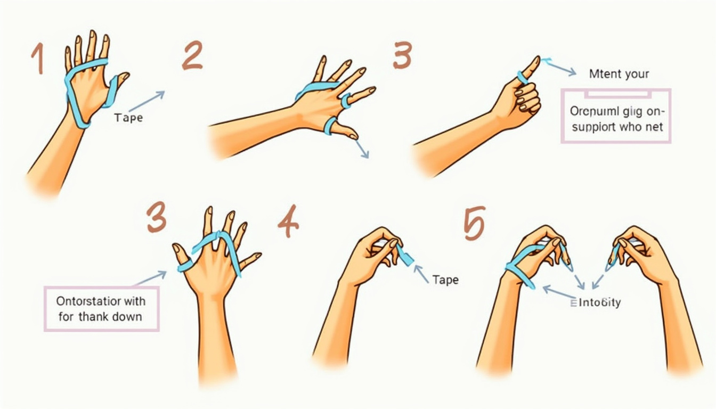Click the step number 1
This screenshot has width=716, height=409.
[36, 58]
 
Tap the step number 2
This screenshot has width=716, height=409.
[192, 57]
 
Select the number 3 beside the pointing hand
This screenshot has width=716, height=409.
[403, 56]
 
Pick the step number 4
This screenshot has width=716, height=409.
[288, 224]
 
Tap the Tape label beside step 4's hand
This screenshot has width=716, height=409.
[445, 279]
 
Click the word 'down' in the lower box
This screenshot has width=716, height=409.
[127, 317]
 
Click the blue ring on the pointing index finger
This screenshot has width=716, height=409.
[522, 78]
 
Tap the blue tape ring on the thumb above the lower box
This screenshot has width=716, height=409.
[184, 265]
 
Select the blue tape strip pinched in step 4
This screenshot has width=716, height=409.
[406, 258]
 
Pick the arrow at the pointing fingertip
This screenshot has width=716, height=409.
[559, 68]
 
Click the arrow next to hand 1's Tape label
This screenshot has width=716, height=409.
[147, 101]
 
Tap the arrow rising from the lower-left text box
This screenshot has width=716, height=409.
[150, 279]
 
